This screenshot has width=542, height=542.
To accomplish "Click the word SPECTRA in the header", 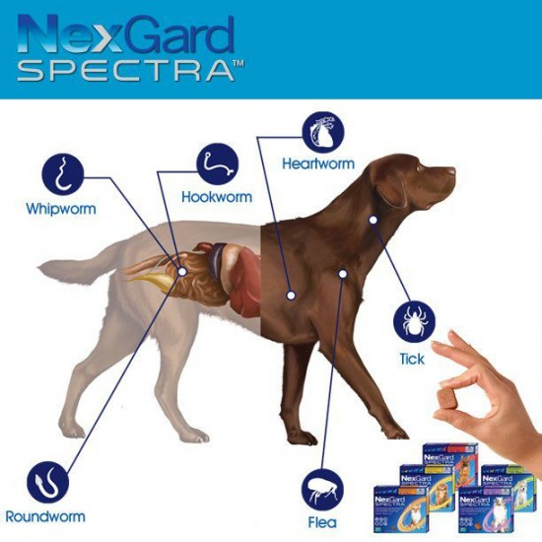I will point(124,72).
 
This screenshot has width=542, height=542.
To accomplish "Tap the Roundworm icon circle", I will point(47,484).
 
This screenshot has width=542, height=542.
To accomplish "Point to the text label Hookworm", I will point(217,196).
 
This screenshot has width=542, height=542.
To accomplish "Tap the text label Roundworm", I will point(45,516).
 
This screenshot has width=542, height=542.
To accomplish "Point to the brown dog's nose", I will point(455,170).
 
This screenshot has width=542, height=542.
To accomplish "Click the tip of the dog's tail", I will point(40,265).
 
